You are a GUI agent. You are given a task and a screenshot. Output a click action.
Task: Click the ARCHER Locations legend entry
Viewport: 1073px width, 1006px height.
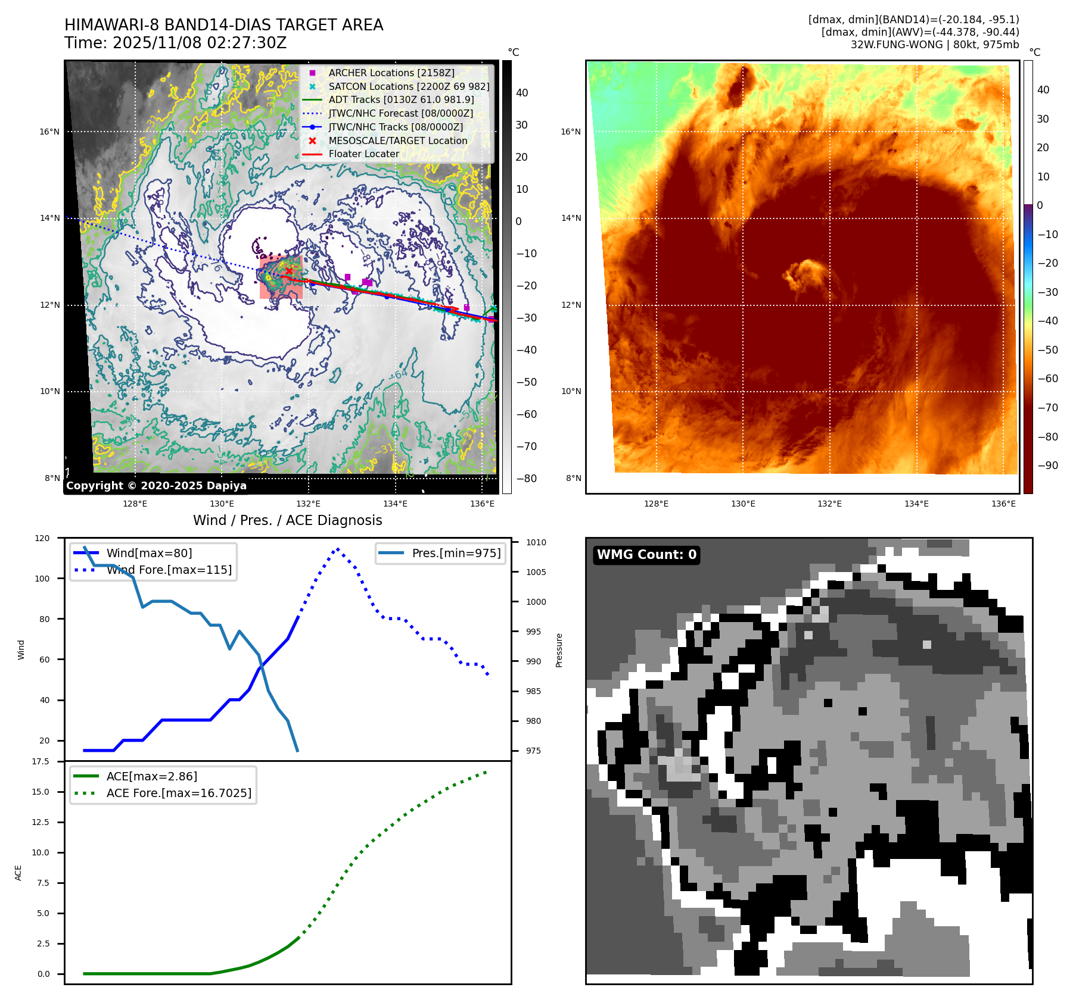pos(391,73)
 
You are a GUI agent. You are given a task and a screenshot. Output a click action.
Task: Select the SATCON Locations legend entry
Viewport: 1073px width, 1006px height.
pos(408,86)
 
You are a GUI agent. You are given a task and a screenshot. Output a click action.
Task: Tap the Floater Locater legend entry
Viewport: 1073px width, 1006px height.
pos(363,154)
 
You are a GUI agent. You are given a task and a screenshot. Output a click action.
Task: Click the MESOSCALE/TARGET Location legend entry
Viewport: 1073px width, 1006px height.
pos(397,140)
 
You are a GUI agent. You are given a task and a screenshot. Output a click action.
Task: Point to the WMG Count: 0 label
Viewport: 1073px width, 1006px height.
pos(646,555)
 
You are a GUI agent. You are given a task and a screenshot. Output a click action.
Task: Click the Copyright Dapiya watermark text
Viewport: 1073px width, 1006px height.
pos(156,486)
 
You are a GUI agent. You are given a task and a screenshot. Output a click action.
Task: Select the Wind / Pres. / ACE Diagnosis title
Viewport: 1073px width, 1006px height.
pos(287,520)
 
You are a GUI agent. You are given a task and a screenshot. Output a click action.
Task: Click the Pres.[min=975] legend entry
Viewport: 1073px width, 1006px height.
pos(456,553)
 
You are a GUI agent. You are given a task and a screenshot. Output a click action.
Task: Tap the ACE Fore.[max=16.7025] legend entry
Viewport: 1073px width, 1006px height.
pos(178,793)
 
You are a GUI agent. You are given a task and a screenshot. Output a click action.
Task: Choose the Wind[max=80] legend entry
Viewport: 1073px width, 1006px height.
pos(149,553)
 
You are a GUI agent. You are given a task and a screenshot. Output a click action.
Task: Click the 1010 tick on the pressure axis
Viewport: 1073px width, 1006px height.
pos(536,542)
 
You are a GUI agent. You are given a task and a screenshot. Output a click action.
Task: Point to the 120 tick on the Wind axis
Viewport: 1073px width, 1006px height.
pos(42,538)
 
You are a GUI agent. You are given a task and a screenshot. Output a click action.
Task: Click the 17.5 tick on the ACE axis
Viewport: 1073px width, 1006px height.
pos(41,761)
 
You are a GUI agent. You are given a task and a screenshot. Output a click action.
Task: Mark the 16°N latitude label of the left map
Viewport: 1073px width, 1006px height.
pos(49,132)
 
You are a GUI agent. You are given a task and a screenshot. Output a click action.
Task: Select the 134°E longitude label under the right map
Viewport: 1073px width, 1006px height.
pos(916,504)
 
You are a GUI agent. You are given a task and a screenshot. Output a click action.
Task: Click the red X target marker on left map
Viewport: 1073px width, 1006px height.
pos(290,271)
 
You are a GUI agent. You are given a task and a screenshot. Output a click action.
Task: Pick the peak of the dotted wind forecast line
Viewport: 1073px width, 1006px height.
pos(338,549)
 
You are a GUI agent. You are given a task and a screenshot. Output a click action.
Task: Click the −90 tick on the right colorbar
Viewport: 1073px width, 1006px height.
pos(1047,465)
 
